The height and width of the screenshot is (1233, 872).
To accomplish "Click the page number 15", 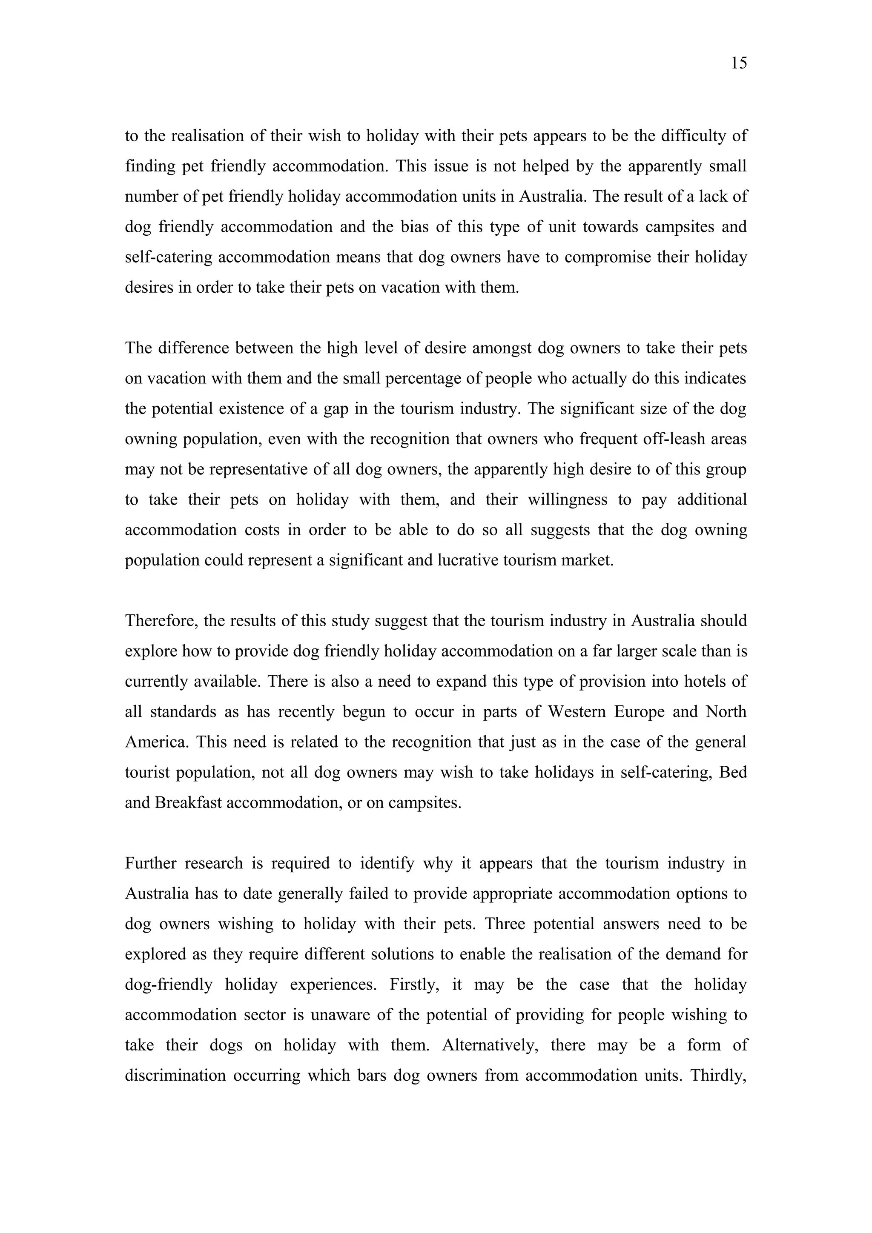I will coord(739,63).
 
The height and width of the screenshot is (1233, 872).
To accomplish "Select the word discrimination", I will coord(175,1076).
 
